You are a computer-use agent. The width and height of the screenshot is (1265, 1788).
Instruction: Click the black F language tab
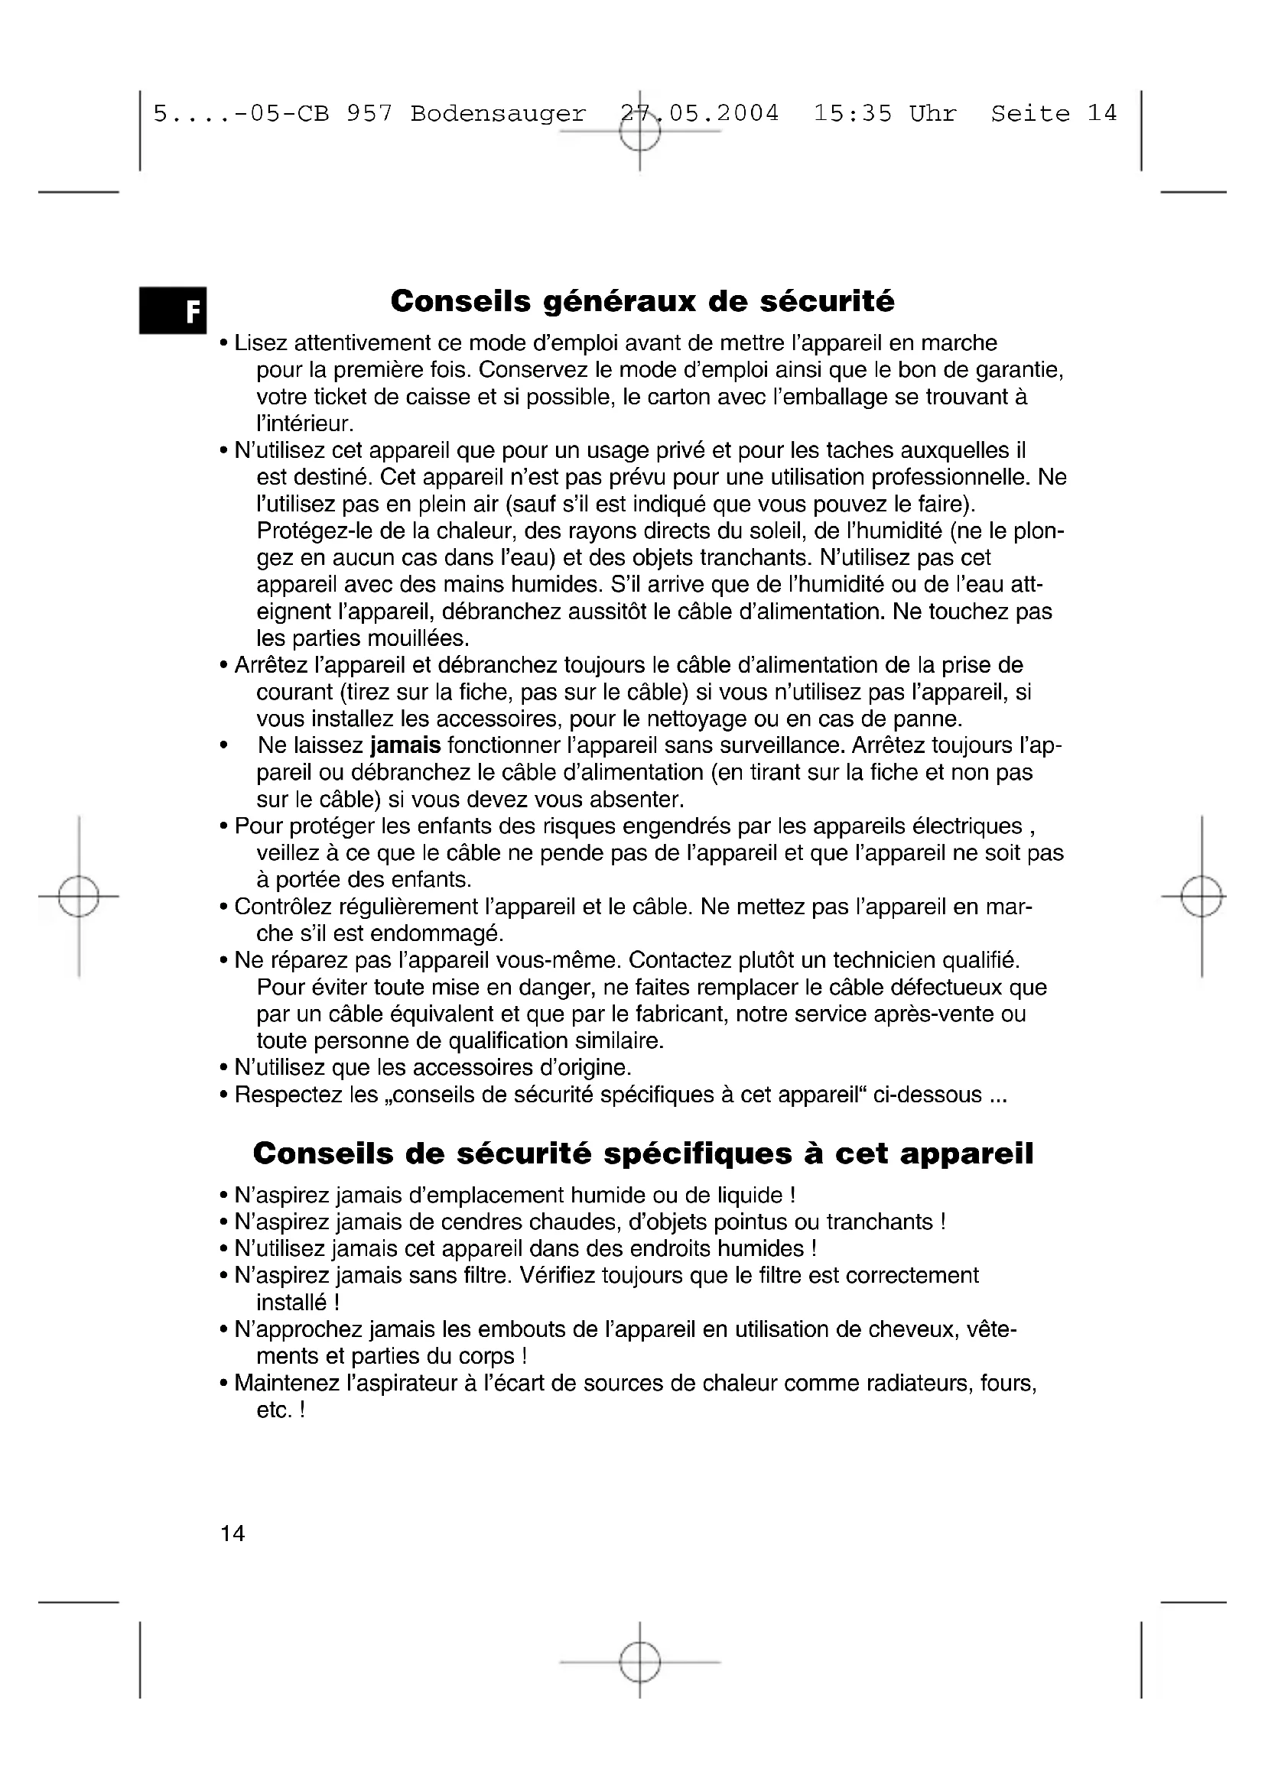(173, 310)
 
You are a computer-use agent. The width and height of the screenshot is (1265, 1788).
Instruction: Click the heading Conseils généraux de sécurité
(642, 301)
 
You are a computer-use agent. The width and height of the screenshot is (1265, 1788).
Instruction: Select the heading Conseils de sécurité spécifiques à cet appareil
(642, 1154)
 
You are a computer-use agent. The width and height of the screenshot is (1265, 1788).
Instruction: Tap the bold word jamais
(405, 745)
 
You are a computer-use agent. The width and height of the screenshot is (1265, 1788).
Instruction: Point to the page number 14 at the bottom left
(233, 1533)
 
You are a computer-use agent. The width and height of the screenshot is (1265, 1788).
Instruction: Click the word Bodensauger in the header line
(499, 114)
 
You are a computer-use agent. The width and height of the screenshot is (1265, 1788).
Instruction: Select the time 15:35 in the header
(853, 114)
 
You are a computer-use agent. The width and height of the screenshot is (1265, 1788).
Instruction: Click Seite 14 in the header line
(1054, 114)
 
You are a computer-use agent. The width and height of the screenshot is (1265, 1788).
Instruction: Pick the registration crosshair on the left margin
(78, 897)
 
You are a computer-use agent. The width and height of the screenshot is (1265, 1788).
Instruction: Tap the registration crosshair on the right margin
(1201, 897)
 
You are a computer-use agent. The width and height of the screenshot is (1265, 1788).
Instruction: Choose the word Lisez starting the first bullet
(262, 343)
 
